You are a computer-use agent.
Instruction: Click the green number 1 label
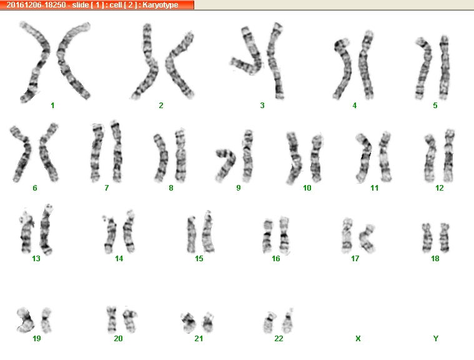[52, 105]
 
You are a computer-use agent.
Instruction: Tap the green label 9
[239, 188]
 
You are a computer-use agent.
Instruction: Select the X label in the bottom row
[358, 338]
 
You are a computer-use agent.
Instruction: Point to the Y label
[436, 338]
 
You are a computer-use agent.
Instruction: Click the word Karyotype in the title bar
[160, 5]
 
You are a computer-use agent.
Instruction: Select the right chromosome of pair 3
[275, 61]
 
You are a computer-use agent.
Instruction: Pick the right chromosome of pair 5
[444, 67]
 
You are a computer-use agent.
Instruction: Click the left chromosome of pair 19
[26, 319]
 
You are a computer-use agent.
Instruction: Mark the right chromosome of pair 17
[368, 238]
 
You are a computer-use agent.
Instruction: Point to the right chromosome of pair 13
[46, 229]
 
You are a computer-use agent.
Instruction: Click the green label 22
[279, 338]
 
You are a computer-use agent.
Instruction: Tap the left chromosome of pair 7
[96, 152]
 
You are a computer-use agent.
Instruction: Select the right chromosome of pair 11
[385, 157]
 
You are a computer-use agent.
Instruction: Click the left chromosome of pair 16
[267, 236]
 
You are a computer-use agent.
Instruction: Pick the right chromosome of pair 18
[444, 237]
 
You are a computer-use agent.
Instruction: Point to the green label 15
[199, 258]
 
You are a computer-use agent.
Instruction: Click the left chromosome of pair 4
[342, 69]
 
